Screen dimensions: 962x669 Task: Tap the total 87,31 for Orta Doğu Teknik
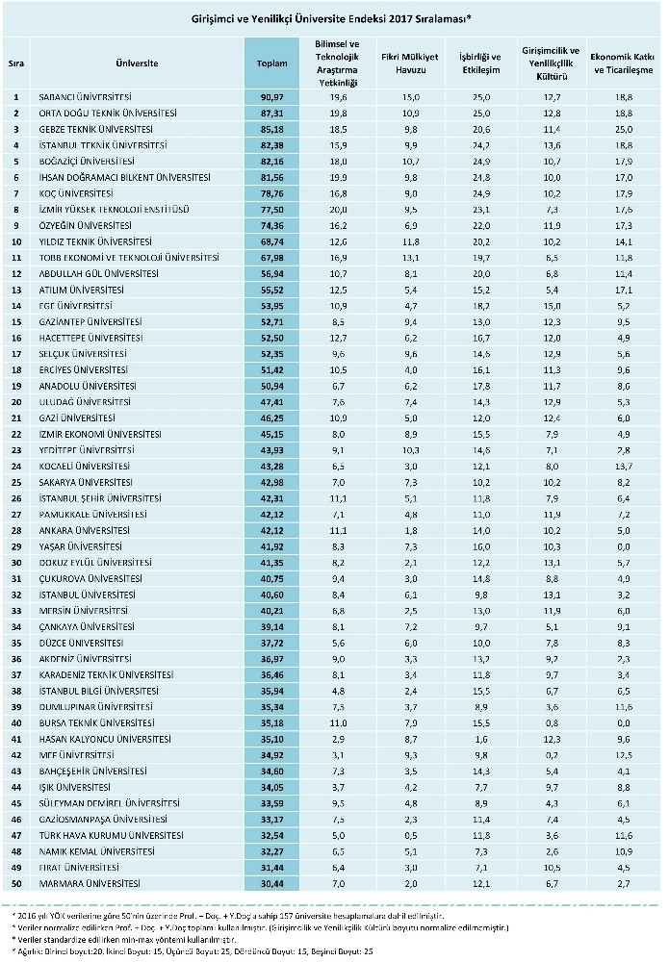(x=272, y=112)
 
